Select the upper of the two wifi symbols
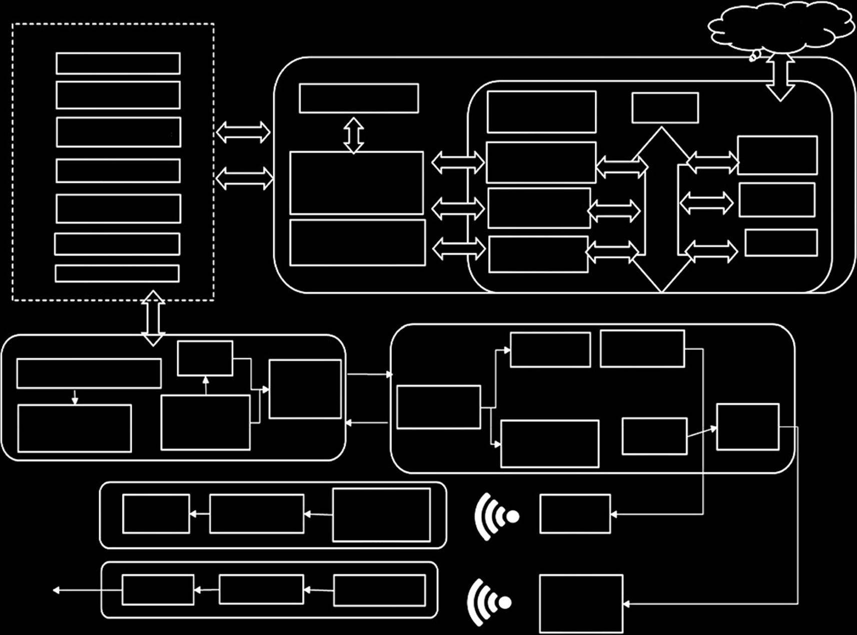click(x=495, y=516)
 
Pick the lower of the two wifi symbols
click(x=488, y=602)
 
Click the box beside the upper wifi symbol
click(x=575, y=514)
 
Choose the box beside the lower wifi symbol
click(x=581, y=604)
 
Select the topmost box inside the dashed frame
click(x=118, y=64)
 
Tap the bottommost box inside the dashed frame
click(x=117, y=274)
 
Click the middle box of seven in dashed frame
click(x=118, y=171)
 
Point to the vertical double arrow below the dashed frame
click(x=153, y=318)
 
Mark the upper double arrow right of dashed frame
click(x=243, y=132)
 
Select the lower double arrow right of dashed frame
click(x=245, y=179)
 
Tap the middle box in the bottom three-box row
click(x=261, y=589)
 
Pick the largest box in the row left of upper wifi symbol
click(x=381, y=515)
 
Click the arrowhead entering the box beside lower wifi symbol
click(x=626, y=604)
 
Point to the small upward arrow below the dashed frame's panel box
click(x=206, y=385)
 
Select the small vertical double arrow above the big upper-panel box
click(x=354, y=135)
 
